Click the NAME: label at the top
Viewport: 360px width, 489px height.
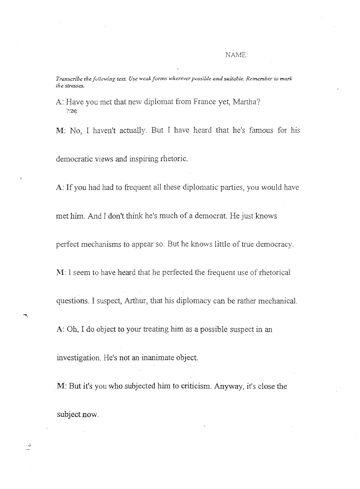pyautogui.click(x=236, y=56)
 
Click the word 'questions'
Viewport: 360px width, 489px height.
pyautogui.click(x=74, y=301)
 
